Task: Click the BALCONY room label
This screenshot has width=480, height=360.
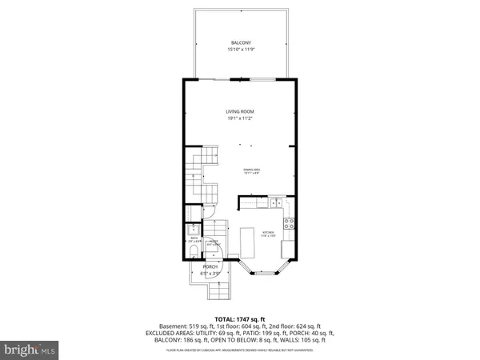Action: click(241, 42)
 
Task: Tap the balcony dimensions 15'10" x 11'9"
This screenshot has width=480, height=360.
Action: click(241, 50)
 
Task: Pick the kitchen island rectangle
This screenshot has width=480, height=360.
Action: click(247, 241)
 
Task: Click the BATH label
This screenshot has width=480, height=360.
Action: click(194, 237)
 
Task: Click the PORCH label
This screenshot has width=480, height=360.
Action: click(210, 266)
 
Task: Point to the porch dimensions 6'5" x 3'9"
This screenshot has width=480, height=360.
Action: click(210, 274)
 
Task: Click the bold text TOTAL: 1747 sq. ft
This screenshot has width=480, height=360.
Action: click(240, 319)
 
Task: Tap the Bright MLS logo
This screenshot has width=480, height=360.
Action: click(31, 350)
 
